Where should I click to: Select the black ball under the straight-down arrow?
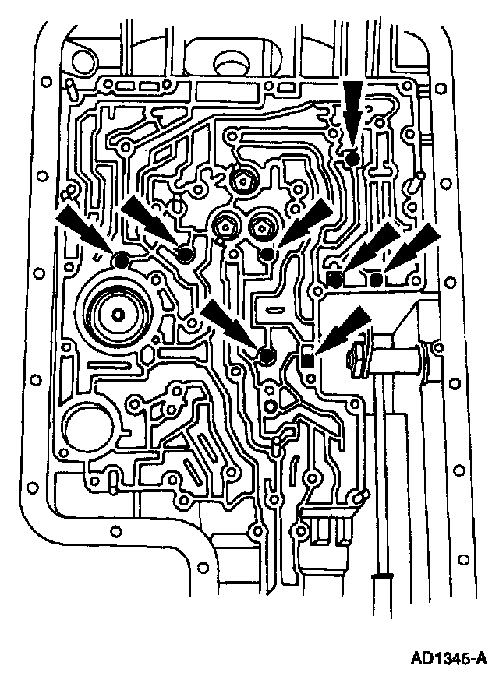[x=352, y=158]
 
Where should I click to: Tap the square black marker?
[x=307, y=360]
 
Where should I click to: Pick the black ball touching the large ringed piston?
[x=121, y=260]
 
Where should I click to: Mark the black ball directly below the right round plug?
[x=267, y=253]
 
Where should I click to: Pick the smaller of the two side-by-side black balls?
[x=376, y=279]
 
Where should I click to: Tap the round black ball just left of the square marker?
[x=266, y=357]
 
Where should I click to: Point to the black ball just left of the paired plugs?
[x=185, y=254]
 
